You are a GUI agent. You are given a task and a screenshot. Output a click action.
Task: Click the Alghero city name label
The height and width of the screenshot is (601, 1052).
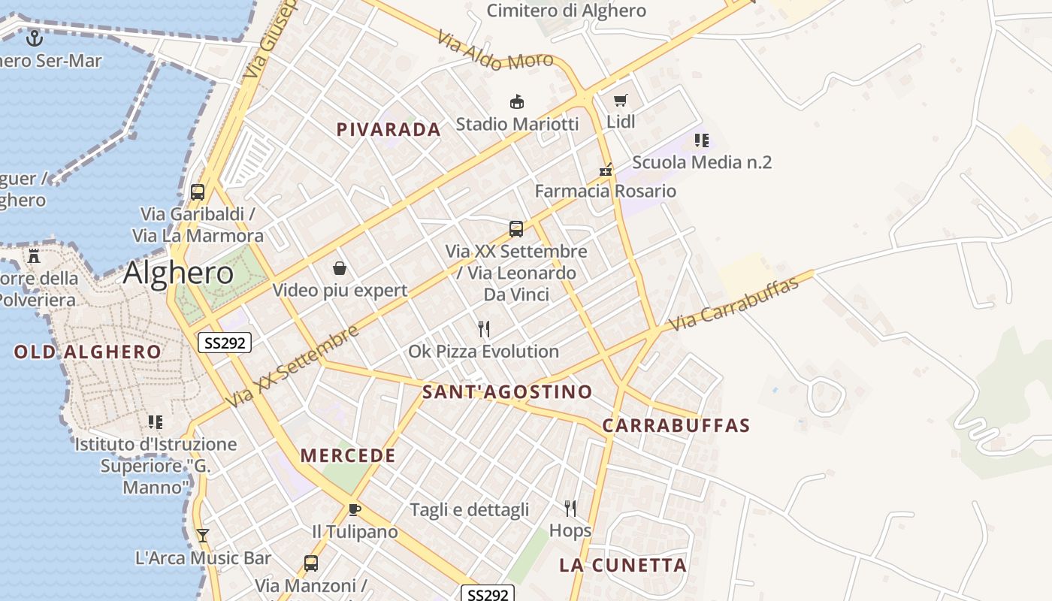[178, 273]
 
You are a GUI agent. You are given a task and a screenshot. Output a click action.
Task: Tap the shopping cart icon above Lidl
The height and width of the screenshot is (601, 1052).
[620, 100]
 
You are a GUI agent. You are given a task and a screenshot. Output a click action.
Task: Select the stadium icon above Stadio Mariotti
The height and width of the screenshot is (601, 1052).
[517, 101]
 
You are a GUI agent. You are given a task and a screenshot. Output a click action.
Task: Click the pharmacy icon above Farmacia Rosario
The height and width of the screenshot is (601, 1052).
[606, 170]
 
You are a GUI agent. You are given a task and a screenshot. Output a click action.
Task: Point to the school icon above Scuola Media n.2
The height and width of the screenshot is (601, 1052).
[702, 140]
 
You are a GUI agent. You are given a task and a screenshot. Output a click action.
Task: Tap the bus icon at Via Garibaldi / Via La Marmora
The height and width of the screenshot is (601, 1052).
[198, 192]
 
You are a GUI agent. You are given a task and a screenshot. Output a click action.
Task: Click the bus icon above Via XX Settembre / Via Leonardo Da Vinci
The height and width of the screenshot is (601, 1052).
[516, 229]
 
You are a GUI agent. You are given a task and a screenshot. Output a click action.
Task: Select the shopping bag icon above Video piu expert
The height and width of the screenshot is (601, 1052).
[340, 268]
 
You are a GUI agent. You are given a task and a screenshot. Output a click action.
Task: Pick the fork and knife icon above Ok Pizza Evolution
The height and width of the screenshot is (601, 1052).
[484, 329]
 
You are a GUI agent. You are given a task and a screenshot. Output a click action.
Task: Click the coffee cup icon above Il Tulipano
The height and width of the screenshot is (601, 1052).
[355, 510]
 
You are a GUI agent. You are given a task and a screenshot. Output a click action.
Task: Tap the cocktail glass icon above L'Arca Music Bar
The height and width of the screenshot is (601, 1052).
[202, 536]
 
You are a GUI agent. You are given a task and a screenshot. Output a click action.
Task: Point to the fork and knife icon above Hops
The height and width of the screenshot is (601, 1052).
[570, 509]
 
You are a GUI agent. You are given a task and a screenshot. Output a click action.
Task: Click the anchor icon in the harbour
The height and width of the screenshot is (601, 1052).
[35, 38]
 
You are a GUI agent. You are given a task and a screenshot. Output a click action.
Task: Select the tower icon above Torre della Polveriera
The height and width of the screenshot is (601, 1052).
[34, 256]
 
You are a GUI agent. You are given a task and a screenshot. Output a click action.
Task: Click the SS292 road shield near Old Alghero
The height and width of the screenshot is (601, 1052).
[224, 343]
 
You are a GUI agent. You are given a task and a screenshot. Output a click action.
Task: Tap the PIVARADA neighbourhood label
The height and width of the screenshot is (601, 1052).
[388, 130]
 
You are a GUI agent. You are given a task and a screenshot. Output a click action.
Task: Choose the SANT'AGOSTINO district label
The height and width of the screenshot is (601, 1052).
[507, 392]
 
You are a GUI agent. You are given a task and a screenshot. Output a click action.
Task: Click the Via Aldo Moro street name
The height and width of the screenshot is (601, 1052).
[495, 52]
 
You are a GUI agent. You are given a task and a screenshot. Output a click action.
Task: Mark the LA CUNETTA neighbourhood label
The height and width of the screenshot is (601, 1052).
[623, 566]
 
